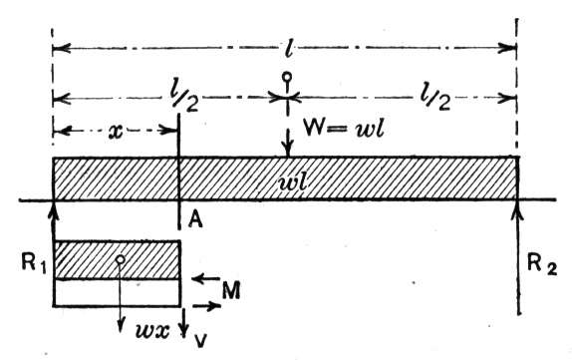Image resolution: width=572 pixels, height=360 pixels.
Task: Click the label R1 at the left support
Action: (x=34, y=263)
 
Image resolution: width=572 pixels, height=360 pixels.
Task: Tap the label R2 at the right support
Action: (x=542, y=263)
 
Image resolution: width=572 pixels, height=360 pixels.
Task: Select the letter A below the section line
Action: (x=195, y=219)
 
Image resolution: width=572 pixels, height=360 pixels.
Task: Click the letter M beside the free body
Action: (x=231, y=290)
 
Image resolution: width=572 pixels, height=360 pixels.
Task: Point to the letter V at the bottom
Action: (x=200, y=341)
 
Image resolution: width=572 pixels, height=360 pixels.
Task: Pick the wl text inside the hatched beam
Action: (x=292, y=182)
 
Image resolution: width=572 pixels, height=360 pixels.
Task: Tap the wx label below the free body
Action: (x=152, y=331)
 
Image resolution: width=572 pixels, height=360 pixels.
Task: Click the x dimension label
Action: (x=116, y=132)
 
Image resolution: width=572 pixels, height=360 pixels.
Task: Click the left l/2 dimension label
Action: (x=184, y=99)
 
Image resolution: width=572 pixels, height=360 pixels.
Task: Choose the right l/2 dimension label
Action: (x=434, y=98)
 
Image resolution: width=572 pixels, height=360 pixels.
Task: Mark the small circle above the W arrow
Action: (x=287, y=77)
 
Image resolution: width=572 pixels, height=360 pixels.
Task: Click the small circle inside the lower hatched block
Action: (x=120, y=259)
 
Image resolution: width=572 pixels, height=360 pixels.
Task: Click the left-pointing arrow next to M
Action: (x=205, y=279)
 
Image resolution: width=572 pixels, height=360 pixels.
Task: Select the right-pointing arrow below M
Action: (x=206, y=306)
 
